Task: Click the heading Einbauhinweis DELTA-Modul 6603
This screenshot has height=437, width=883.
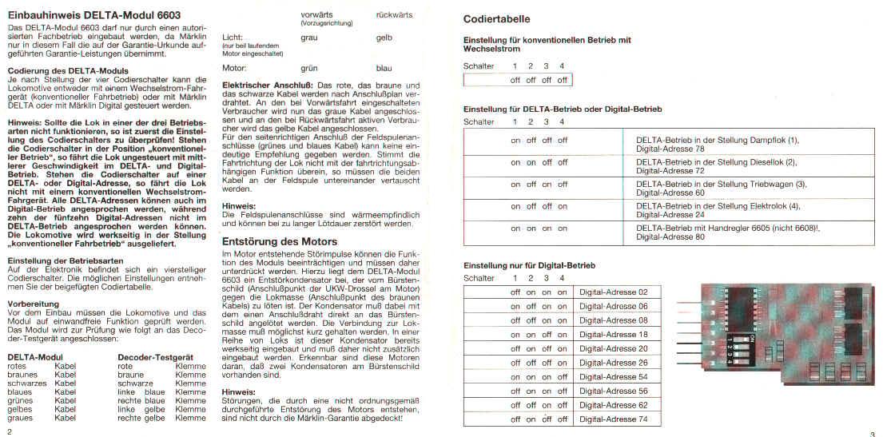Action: coord(93,15)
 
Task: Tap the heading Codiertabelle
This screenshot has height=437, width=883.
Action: coord(496,19)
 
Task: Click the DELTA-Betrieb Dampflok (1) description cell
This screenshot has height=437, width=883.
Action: coord(718,144)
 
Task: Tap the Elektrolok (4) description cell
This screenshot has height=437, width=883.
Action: coord(718,210)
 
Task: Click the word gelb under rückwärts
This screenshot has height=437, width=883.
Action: coord(384,38)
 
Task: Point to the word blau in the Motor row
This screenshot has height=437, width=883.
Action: coord(384,69)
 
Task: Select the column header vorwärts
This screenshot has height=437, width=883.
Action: coord(317,15)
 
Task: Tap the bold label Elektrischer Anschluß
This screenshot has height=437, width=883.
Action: coord(267,85)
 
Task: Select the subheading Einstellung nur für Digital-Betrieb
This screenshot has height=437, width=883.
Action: coord(530,265)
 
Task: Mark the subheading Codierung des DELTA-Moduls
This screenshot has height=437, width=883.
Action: coord(53,71)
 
